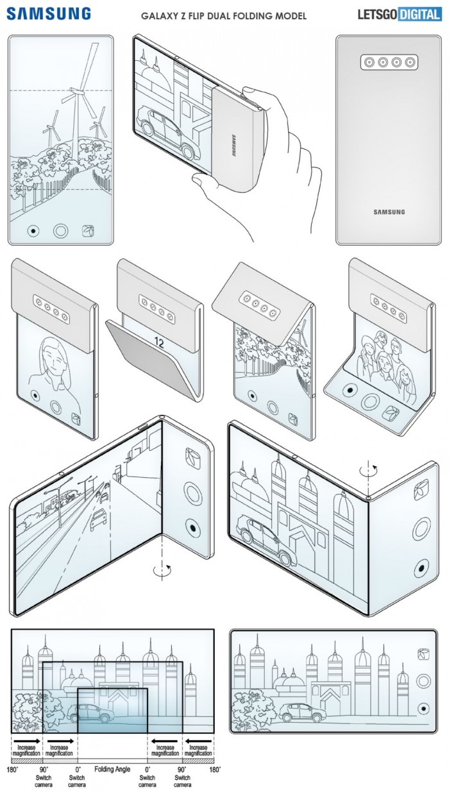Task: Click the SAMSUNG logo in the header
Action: pos(49,14)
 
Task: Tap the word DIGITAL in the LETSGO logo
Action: pos(419,14)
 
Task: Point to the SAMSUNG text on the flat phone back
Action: pos(389,212)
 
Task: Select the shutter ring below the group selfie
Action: pos(371,402)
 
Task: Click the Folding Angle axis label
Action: pos(113,768)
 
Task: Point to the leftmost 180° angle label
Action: pos(11,768)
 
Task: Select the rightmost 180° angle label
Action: pos(215,768)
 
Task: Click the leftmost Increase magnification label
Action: pos(26,750)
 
